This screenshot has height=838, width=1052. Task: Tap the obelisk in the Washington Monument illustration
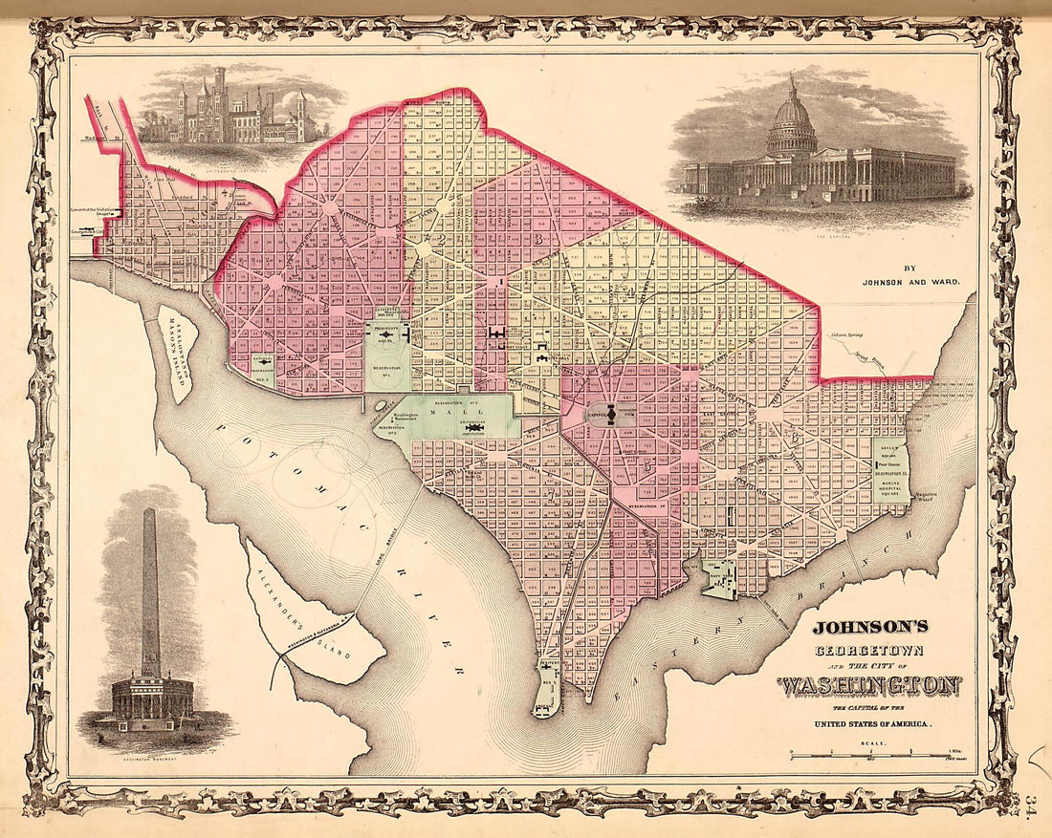(150, 592)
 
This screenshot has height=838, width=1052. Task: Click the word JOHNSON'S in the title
(870, 628)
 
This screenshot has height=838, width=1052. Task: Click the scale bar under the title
(861, 754)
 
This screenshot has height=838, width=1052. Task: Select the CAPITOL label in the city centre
(598, 416)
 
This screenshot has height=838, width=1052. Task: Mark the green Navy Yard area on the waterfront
(719, 580)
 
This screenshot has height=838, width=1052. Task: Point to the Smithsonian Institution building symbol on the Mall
(472, 427)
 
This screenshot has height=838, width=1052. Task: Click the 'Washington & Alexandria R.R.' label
(320, 642)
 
